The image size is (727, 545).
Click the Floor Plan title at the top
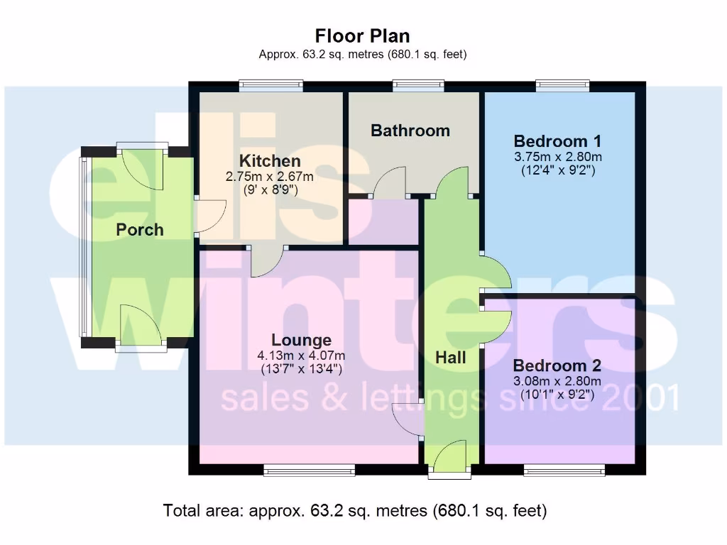[x=363, y=35]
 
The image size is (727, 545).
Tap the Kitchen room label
[x=269, y=161]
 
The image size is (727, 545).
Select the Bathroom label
[x=410, y=131]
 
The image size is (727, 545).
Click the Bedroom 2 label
[x=557, y=365]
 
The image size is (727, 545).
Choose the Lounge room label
[x=301, y=341]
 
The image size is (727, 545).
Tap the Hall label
[x=450, y=358]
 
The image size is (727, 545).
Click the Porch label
[x=140, y=230]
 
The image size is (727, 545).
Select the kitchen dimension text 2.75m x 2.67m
[x=269, y=177]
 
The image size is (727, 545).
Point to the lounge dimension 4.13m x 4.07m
[x=301, y=356]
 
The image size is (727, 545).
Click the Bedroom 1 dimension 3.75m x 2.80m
[x=558, y=156]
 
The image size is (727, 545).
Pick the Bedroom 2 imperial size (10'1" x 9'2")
[x=557, y=395]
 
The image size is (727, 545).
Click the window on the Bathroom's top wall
[x=419, y=86]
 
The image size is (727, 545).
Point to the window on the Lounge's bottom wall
[x=309, y=469]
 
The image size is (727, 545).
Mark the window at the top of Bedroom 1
[x=562, y=86]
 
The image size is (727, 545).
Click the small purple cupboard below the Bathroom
[x=383, y=221]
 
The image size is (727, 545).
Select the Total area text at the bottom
[x=355, y=510]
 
